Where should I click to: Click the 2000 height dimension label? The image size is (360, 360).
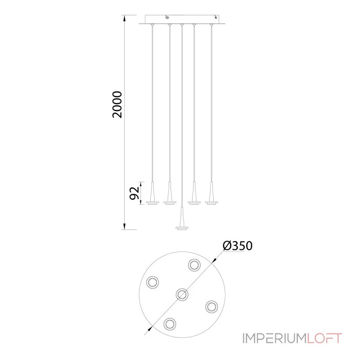coord(117,105)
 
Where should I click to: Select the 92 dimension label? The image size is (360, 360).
coord(135,193)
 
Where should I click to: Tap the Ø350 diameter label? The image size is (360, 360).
coord(238,246)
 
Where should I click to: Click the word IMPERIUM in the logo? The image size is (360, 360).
coord(274,338)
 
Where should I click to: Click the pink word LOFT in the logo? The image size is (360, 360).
coord(324,338)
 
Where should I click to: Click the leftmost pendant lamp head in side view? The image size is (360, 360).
coord(153,193)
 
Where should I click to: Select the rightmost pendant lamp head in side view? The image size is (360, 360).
coord(211,193)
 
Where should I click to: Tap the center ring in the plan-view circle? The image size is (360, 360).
coord(182,294)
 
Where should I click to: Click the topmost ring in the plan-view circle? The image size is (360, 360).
coord(194,265)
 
